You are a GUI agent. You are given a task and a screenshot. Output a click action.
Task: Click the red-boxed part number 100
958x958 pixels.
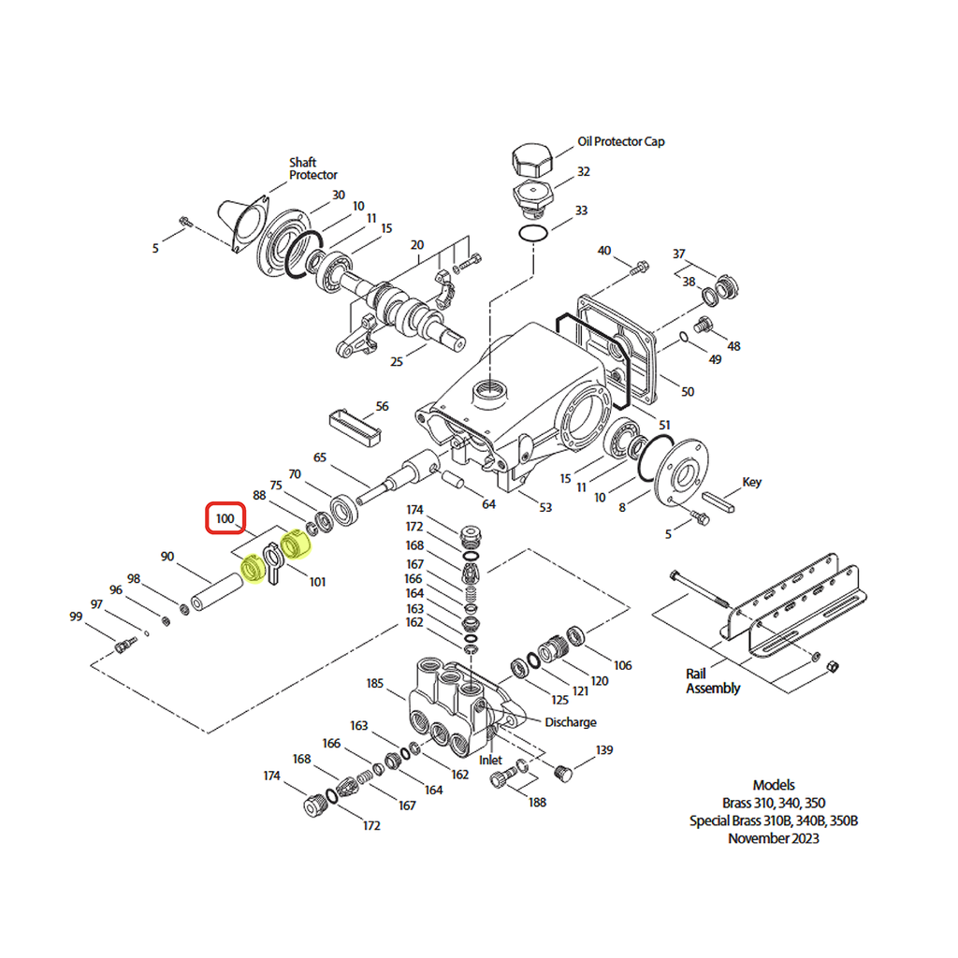(225, 517)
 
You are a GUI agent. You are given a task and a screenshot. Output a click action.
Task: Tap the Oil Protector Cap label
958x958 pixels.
(621, 141)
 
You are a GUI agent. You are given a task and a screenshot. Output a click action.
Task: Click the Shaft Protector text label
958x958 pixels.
(312, 168)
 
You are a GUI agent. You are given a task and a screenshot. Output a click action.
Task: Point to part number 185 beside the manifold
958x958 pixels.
(374, 684)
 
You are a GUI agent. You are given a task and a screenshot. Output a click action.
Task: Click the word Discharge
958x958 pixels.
(570, 722)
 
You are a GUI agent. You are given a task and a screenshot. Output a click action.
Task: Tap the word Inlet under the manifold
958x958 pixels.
(491, 761)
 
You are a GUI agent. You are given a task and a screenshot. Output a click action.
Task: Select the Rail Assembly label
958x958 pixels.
(713, 681)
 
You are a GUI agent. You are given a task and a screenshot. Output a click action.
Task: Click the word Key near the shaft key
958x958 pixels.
(751, 483)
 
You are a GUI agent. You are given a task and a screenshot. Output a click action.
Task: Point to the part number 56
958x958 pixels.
(382, 407)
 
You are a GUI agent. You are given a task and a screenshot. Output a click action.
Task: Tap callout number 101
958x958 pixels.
(317, 583)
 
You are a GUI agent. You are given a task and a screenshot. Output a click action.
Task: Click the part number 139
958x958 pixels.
(604, 750)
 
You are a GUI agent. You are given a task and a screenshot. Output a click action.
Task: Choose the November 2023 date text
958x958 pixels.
(773, 838)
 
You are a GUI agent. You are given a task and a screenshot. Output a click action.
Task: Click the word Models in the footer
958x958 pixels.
(774, 785)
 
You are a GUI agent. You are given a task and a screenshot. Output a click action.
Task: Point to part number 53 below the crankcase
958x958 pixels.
(544, 507)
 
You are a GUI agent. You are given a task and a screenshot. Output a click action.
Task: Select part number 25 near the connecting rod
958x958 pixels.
(397, 362)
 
